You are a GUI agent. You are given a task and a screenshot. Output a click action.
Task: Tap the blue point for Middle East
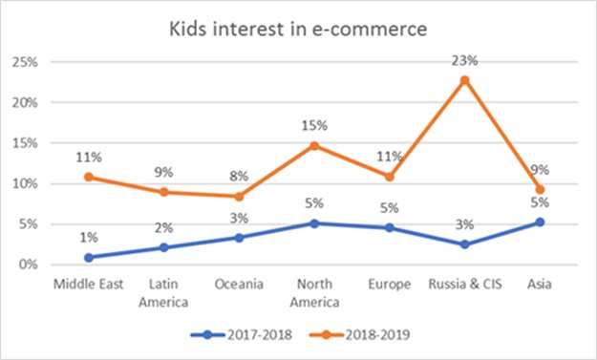click(x=89, y=257)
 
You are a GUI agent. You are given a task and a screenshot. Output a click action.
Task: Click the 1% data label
click(x=89, y=238)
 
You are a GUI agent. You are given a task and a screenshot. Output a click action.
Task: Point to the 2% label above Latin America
click(x=164, y=227)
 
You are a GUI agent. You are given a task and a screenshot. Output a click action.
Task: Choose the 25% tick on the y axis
click(x=26, y=62)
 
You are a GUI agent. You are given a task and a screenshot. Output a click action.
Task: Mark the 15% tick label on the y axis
click(x=26, y=143)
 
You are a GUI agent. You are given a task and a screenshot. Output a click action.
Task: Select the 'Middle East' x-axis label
click(x=89, y=285)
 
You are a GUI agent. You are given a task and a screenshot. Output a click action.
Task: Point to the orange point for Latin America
click(x=164, y=192)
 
